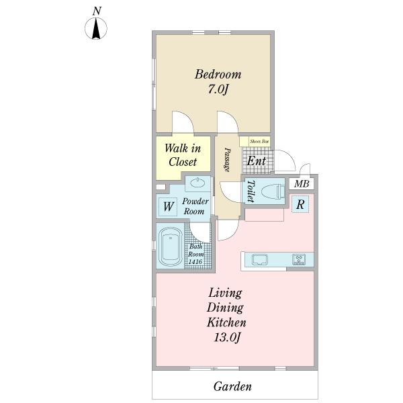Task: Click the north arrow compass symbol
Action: pyautogui.click(x=96, y=28)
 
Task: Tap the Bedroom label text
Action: pyautogui.click(x=218, y=75)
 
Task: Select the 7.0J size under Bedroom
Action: pyautogui.click(x=218, y=89)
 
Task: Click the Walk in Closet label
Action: pyautogui.click(x=183, y=155)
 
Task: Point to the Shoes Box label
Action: pyautogui.click(x=259, y=141)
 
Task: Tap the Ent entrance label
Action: pyautogui.click(x=257, y=161)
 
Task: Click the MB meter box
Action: pyautogui.click(x=302, y=184)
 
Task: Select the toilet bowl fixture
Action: pyautogui.click(x=273, y=191)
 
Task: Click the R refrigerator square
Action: pyautogui.click(x=300, y=204)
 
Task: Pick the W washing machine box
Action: pyautogui.click(x=168, y=207)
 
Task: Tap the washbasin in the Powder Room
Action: pyautogui.click(x=197, y=183)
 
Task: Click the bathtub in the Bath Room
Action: pyautogui.click(x=171, y=246)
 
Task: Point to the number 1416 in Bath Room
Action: pyautogui.click(x=195, y=262)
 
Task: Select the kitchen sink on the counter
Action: pyautogui.click(x=260, y=259)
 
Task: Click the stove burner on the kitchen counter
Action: pyautogui.click(x=299, y=259)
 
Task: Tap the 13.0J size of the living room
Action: pyautogui.click(x=227, y=337)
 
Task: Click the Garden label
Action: pyautogui.click(x=232, y=386)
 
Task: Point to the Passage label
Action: pyautogui.click(x=227, y=160)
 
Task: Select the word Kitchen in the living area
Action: pyautogui.click(x=226, y=322)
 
